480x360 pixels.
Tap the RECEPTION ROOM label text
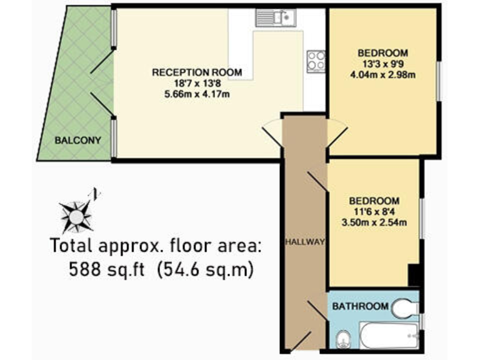tap(196, 72)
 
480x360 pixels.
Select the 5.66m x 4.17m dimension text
tap(196, 96)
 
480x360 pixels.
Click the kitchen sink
tap(275, 18)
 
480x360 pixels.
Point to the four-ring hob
tap(316, 61)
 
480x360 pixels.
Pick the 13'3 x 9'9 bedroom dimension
tap(383, 64)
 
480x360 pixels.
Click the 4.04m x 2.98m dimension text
tap(383, 75)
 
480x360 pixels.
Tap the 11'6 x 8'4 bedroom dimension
tap(374, 212)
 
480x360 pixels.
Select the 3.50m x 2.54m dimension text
tap(374, 223)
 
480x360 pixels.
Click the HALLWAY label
tap(305, 242)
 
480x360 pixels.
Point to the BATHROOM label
tap(359, 307)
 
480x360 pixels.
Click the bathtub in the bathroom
tap(389, 336)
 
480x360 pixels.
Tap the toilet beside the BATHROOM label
tap(404, 307)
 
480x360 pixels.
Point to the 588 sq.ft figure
tap(107, 271)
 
